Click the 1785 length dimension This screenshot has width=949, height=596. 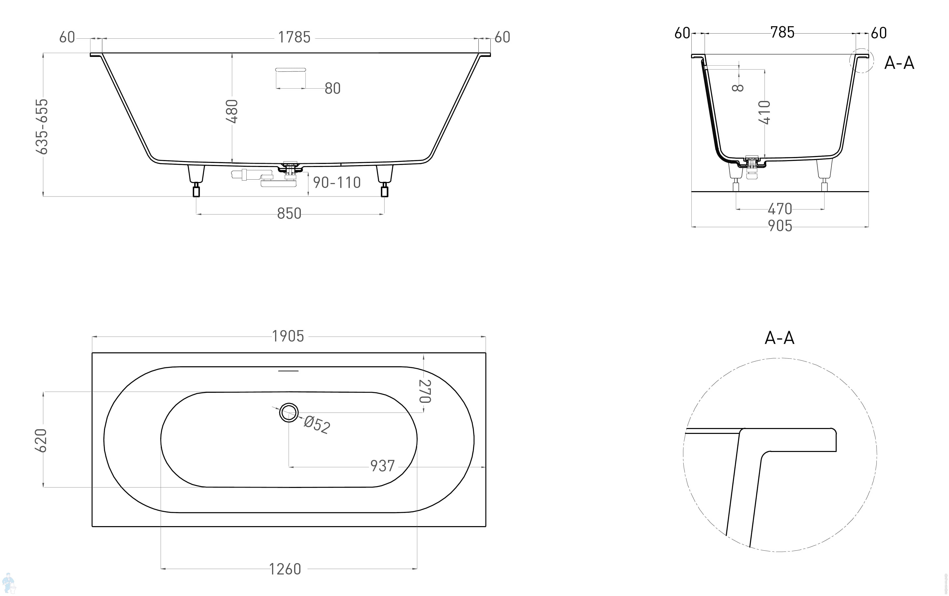click(x=294, y=37)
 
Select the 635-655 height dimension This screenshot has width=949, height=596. click(x=42, y=127)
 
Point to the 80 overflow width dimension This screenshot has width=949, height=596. click(x=333, y=88)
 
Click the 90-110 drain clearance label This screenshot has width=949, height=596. click(x=337, y=182)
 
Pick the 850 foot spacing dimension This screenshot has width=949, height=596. click(x=289, y=214)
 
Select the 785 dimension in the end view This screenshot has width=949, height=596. click(x=783, y=32)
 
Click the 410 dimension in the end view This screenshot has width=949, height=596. click(x=765, y=112)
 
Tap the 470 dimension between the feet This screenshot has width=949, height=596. click(x=780, y=209)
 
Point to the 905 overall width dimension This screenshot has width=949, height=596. click(x=780, y=226)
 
